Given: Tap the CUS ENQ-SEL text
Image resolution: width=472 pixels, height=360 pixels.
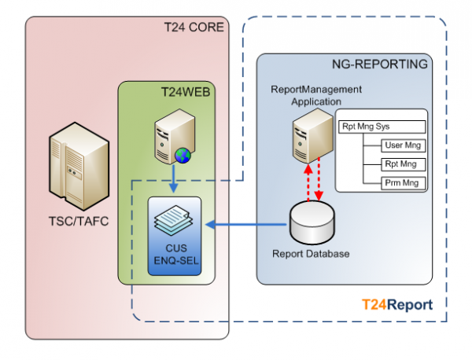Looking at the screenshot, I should click(x=175, y=255).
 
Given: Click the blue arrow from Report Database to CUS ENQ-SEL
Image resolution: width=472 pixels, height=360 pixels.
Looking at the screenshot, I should click(x=244, y=225).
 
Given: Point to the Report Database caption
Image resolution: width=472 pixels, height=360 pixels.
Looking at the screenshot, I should click(x=311, y=254).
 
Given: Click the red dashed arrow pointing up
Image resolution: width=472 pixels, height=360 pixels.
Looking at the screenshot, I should click(x=308, y=179).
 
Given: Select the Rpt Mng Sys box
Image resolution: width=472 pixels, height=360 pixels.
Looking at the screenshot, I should click(x=382, y=126).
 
